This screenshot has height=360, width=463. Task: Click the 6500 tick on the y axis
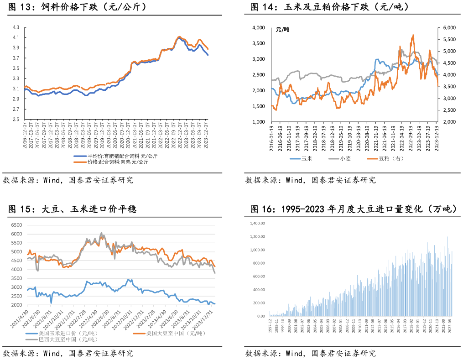coord(16,225)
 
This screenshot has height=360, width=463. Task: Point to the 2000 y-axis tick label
coord(16,305)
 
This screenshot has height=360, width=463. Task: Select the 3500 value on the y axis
coord(16,279)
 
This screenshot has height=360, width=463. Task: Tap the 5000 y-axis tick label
coord(16,252)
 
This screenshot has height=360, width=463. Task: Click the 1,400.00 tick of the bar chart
coord(258,224)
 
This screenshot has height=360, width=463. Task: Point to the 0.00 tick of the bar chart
coord(261,316)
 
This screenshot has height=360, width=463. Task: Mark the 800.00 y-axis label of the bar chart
coord(259,263)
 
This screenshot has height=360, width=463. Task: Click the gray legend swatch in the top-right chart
coord(333,159)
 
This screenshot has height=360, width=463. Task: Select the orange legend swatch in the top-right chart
coord(372,159)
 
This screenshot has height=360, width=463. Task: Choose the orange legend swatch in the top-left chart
coord(80,162)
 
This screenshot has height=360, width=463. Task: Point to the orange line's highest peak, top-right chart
coord(413,35)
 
